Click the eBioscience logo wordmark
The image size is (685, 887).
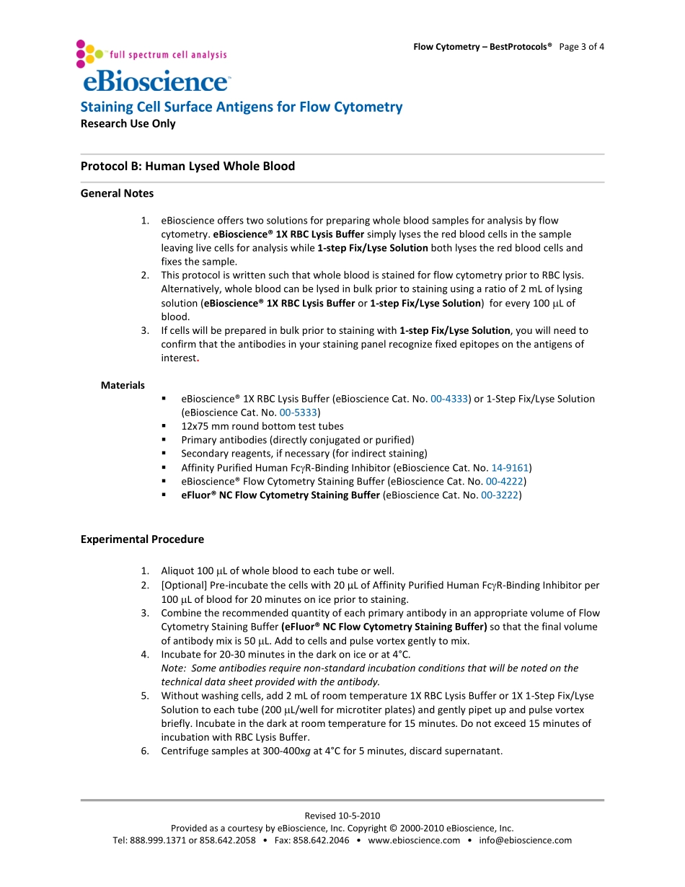[x=156, y=81]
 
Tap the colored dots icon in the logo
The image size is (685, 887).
[x=89, y=53]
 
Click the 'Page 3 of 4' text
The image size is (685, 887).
[x=581, y=47]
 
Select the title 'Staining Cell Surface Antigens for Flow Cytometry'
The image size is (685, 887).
[x=241, y=107]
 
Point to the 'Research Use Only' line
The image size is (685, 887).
[x=128, y=123]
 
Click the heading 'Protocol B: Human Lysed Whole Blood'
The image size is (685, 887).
[x=187, y=166]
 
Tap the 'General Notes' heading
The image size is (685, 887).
[x=117, y=193]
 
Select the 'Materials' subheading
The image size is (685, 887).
[x=123, y=385]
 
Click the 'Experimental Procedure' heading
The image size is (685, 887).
[x=142, y=539]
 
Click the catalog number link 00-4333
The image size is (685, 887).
[x=449, y=399]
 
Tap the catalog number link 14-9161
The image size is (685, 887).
[x=510, y=467]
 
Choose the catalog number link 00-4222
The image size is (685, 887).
[x=504, y=481]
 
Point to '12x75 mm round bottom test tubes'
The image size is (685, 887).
[x=262, y=426]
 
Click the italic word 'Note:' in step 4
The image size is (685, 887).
[x=173, y=668]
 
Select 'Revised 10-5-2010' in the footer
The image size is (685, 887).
[x=342, y=816]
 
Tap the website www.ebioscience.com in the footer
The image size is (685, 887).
[x=414, y=840]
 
